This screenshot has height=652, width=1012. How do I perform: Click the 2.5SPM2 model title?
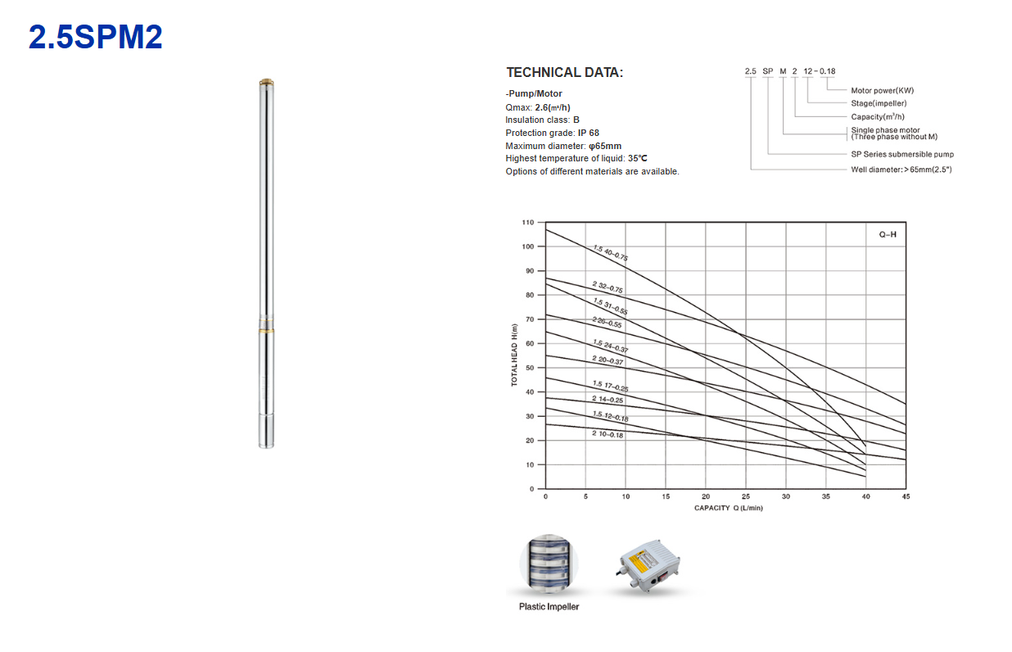(95, 37)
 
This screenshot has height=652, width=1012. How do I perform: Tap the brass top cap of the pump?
(267, 82)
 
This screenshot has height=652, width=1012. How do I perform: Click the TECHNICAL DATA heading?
(564, 72)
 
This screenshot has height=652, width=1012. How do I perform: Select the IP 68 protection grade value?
(588, 133)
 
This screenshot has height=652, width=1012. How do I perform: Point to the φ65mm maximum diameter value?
(605, 146)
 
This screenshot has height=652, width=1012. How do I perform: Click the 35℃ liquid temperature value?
(638, 158)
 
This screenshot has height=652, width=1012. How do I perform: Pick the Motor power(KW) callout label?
(883, 90)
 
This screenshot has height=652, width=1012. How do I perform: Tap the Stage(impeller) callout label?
(879, 103)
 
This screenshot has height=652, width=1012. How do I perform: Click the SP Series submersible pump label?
(902, 154)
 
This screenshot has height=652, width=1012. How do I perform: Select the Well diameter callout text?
(901, 170)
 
